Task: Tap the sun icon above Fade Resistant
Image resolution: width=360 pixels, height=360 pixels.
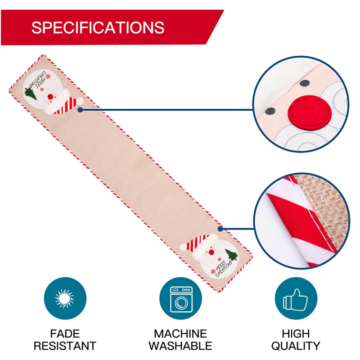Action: coord(65,298)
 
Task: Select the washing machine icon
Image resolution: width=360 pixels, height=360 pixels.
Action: coord(180,298)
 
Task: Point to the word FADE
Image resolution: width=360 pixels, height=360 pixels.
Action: coord(65,334)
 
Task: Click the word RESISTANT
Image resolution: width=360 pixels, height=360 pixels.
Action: coord(65,346)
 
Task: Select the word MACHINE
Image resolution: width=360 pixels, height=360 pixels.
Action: coord(180,334)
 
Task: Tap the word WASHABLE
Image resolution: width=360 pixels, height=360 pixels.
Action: coord(180,346)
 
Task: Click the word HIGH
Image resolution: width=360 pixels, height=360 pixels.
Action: coord(296,334)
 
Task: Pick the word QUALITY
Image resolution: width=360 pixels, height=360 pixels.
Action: coord(296,346)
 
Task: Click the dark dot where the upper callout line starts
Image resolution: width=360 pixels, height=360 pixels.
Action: coord(80,109)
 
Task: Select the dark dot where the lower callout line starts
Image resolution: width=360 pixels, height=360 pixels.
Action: coord(220,229)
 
